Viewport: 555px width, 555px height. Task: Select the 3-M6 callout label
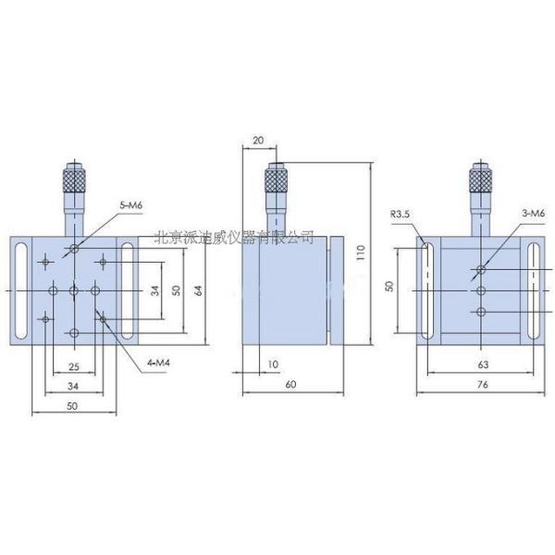[x=534, y=215]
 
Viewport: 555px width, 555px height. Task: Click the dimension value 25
[x=73, y=367]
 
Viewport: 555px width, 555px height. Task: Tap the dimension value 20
[x=257, y=140]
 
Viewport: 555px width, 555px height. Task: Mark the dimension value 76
[x=481, y=384]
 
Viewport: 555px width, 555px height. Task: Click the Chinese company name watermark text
[x=232, y=238]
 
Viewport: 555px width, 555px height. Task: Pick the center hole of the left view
[x=73, y=290]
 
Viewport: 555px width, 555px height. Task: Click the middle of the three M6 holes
[x=480, y=290]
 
